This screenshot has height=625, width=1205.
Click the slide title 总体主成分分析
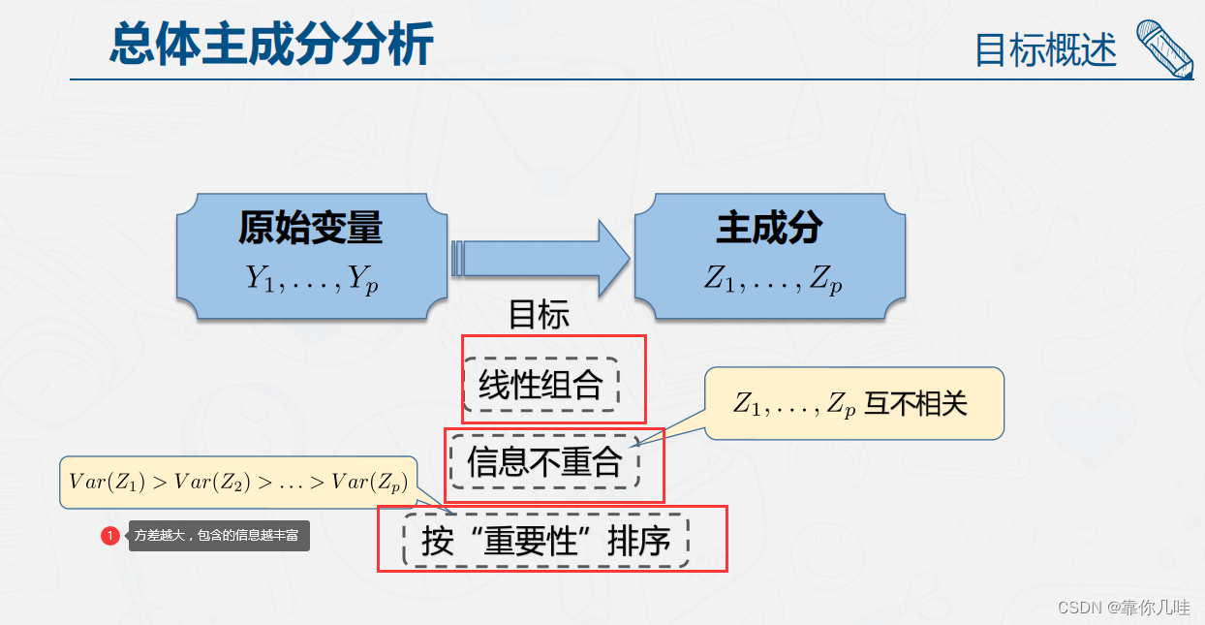point(270,45)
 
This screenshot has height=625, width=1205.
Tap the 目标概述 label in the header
point(1045,49)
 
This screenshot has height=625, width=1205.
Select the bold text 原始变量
point(311,229)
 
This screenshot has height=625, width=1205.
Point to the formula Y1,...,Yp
point(311,279)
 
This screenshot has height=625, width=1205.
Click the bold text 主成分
point(769,229)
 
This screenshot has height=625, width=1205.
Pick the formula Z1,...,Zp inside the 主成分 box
point(772,280)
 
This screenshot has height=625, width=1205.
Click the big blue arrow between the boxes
point(542,258)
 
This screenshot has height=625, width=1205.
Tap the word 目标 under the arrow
point(539,315)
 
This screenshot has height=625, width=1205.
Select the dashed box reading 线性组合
point(541,385)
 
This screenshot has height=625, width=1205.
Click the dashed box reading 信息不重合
point(544,461)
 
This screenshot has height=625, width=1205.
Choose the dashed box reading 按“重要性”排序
point(546,541)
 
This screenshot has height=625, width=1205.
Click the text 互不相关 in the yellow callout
point(915,403)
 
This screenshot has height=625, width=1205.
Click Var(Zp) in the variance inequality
point(368,482)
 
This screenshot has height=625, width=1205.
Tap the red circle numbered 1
point(110,535)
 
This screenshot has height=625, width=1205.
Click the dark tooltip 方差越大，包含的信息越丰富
point(218,535)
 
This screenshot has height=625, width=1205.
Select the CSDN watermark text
point(1124,607)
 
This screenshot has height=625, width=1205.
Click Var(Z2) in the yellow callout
point(213,482)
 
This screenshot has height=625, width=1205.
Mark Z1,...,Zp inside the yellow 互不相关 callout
point(794,405)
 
